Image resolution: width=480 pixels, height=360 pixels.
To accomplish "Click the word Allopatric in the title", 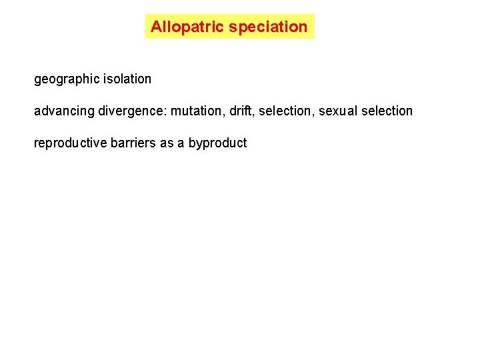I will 187,27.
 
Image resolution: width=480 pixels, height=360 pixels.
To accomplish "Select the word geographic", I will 67,79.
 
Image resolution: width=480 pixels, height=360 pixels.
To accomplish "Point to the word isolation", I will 127,79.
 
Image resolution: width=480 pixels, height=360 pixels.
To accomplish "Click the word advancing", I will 64,111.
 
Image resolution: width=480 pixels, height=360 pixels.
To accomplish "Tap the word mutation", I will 195,111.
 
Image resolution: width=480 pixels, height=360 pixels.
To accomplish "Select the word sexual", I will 338,111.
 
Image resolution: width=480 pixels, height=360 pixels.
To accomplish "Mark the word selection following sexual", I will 387,111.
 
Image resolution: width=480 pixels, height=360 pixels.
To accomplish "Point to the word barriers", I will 135,143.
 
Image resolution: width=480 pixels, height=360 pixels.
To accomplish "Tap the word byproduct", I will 217,143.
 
